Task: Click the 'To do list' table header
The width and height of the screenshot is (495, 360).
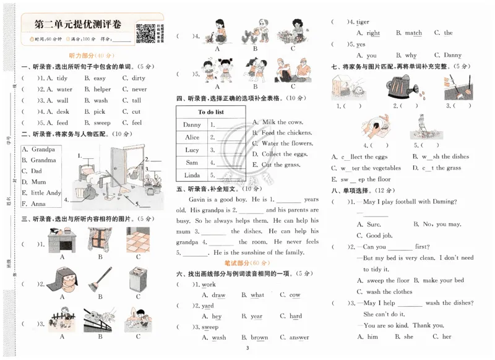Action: pos(211,112)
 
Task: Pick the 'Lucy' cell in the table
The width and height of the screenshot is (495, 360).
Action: pos(192,150)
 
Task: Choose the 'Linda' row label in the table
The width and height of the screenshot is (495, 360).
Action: pos(192,176)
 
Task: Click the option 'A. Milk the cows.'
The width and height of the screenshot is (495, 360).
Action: pos(278,122)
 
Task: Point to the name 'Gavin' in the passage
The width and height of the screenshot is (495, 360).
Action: pos(197,199)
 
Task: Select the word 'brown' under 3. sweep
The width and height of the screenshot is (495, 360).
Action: pos(259,338)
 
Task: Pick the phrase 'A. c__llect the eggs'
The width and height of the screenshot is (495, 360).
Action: pos(360,156)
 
